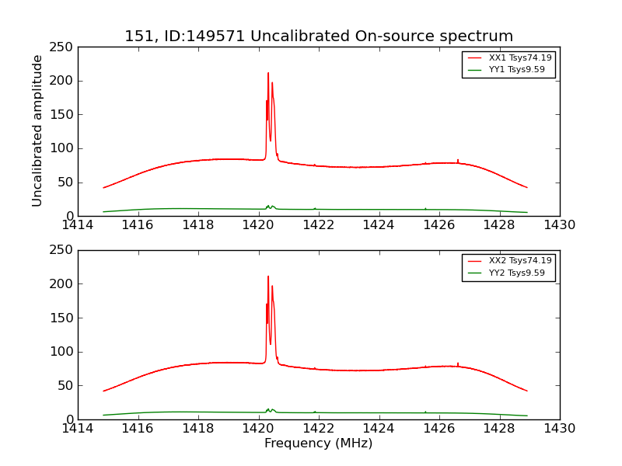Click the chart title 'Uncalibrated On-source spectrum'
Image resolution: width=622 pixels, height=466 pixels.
click(319, 37)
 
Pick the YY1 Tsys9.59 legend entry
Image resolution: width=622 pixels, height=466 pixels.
click(516, 70)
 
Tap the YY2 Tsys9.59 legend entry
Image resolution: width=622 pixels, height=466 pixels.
click(516, 273)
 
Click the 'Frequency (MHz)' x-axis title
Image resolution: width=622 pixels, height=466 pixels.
click(319, 443)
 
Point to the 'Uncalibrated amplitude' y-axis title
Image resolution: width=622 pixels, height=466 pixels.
click(38, 130)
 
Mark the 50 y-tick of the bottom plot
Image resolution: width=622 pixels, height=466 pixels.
click(66, 386)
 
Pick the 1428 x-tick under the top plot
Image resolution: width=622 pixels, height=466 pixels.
click(499, 225)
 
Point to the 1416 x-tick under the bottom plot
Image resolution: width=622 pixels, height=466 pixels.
click(138, 429)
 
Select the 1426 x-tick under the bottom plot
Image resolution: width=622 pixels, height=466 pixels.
click(439, 429)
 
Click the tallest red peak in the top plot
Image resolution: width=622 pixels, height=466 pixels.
click(268, 74)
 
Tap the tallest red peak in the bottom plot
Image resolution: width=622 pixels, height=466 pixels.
click(268, 276)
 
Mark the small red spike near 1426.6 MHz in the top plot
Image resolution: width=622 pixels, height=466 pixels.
click(458, 160)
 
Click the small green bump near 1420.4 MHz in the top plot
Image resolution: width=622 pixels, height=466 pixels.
click(269, 206)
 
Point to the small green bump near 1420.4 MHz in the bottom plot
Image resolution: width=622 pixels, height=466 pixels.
click(269, 409)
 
